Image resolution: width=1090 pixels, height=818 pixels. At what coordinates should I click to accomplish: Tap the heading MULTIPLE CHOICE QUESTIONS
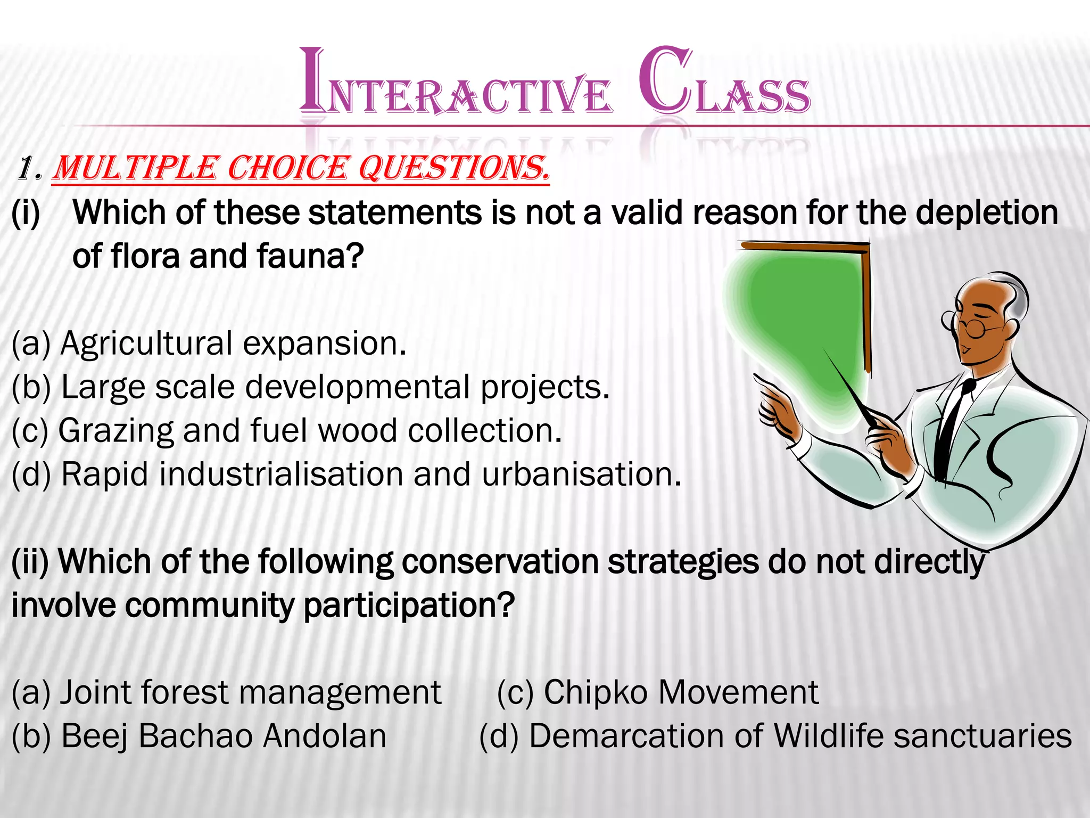301,168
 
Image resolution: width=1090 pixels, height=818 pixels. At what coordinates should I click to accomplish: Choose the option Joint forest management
227,693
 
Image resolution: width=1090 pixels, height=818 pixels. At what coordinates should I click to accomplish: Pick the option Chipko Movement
657,693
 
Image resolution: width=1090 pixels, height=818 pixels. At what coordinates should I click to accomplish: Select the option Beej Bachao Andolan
199,737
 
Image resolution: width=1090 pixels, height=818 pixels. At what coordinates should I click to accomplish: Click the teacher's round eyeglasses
969,325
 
